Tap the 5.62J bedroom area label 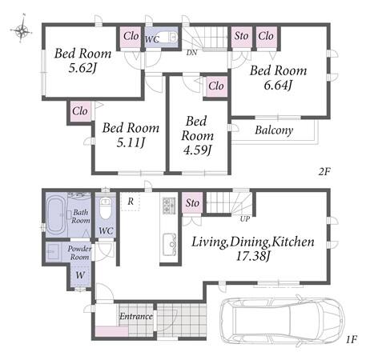tap(82, 68)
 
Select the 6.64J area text tap(278, 86)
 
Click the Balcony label tap(274, 130)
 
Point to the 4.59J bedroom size tap(197, 150)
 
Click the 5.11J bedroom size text tap(131, 142)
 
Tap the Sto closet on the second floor tap(241, 37)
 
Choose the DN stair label tap(191, 53)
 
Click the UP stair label tap(245, 219)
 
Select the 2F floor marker tap(324, 171)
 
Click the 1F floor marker tap(352, 339)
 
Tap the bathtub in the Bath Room tap(56, 215)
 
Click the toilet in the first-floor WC tap(106, 209)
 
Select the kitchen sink tap(170, 244)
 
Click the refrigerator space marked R tap(131, 202)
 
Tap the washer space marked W tap(80, 274)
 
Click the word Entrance tap(136, 317)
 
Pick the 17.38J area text tap(252, 256)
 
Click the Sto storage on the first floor tap(192, 203)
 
